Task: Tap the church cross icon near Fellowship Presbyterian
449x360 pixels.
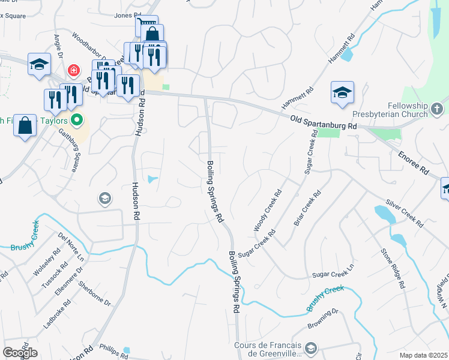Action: click(x=437, y=110)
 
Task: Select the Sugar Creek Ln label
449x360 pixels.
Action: click(x=330, y=274)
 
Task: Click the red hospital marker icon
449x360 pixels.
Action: click(x=74, y=71)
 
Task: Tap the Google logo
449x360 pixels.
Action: click(x=20, y=353)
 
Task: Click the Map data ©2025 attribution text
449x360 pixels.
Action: click(x=424, y=355)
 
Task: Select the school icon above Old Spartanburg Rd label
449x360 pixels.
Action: click(x=342, y=92)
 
